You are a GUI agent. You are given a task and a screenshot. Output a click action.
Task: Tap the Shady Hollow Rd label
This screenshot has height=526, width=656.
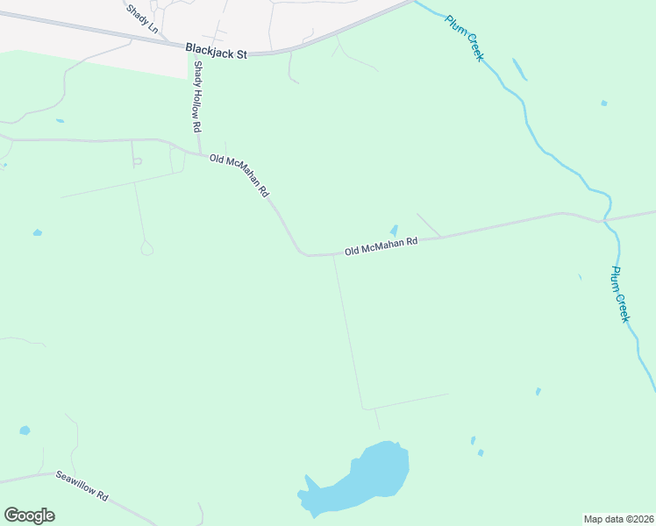tap(197, 96)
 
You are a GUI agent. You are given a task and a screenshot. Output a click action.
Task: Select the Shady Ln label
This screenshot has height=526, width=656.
tap(142, 18)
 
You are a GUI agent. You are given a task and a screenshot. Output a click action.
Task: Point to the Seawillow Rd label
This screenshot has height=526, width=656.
tap(82, 485)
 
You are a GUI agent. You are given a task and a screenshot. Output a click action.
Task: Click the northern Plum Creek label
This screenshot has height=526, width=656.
tap(464, 38)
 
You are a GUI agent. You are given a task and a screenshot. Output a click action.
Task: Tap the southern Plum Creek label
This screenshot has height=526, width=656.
tap(620, 295)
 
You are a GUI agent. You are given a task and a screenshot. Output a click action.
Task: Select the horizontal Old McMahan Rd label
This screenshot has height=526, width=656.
tap(381, 247)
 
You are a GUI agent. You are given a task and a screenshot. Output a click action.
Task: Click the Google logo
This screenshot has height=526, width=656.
tap(29, 515)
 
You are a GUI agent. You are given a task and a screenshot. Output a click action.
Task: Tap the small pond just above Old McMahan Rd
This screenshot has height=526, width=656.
tap(393, 230)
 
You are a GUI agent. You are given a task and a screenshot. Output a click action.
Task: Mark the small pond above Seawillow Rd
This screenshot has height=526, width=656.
tap(24, 431)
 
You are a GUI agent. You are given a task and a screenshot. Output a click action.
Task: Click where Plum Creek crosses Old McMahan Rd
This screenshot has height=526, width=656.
tap(603, 220)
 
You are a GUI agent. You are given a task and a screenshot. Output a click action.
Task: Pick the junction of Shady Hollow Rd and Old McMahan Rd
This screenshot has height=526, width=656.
tap(200, 152)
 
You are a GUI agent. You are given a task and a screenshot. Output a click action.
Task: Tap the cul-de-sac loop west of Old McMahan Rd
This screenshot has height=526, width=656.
tap(146, 249)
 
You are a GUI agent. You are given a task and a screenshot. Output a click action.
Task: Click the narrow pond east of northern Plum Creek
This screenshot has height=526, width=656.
tap(519, 68)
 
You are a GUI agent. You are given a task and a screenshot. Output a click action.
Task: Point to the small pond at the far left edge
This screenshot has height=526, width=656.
tap(37, 233)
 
